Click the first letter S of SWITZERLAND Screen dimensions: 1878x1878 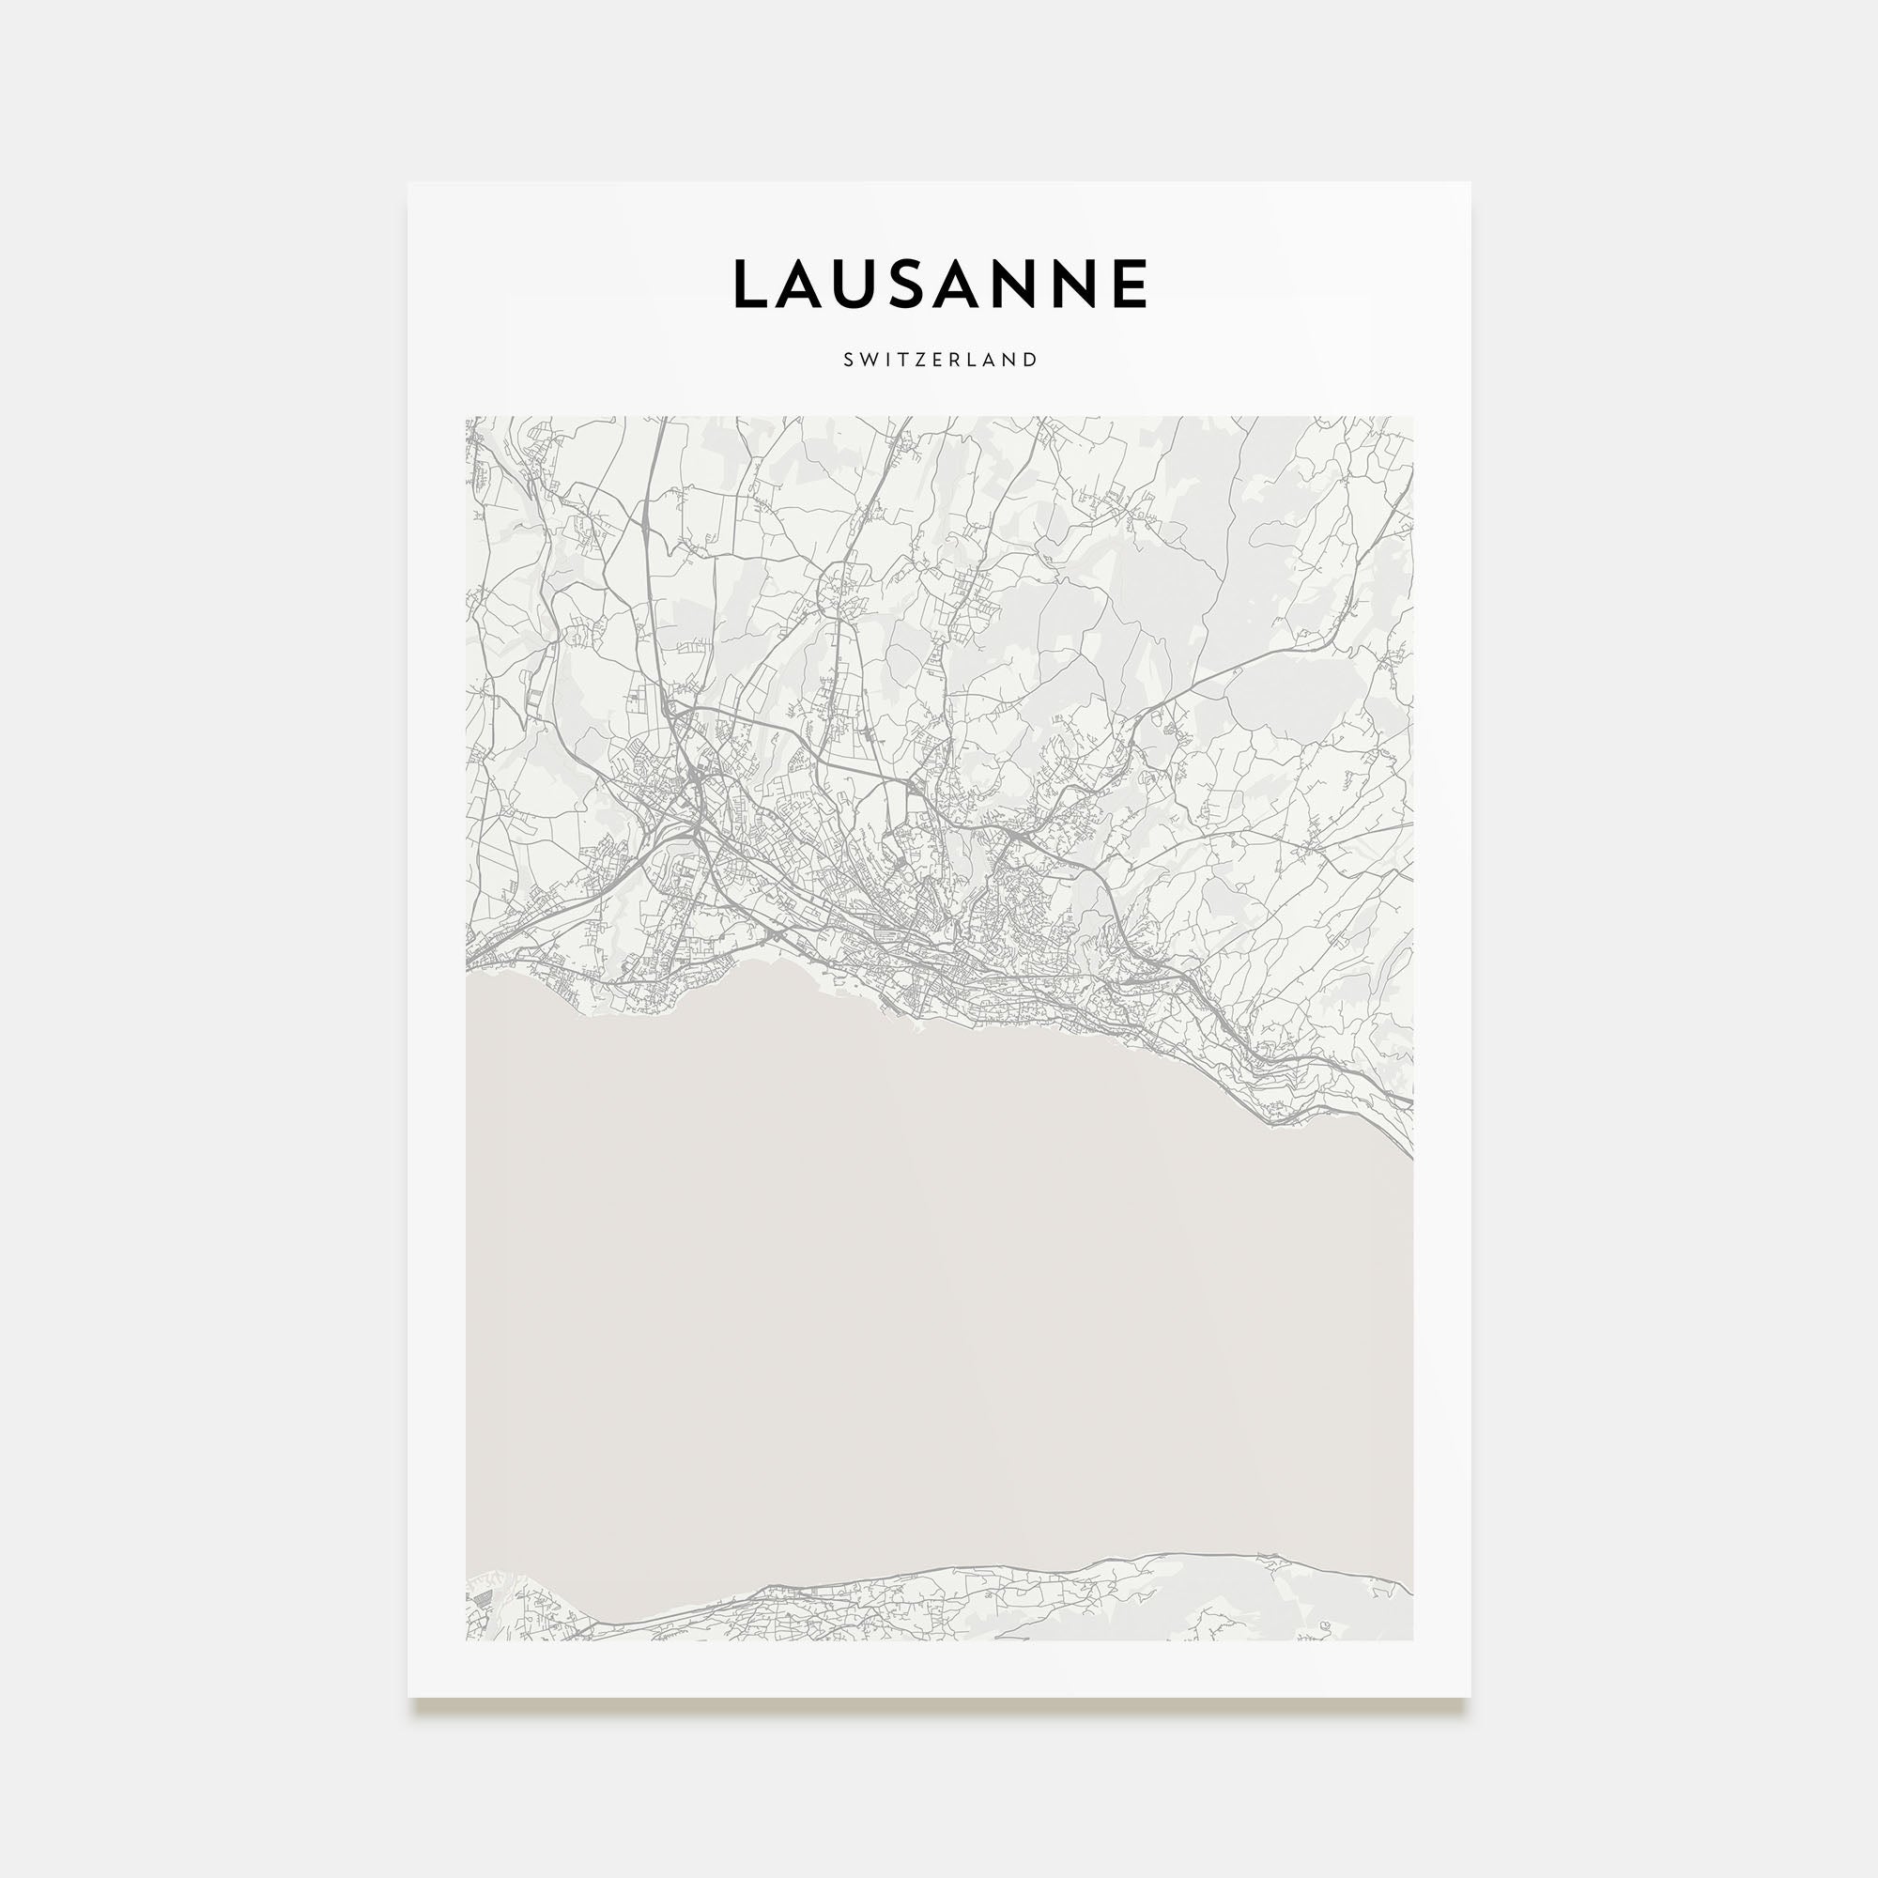tap(848, 360)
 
